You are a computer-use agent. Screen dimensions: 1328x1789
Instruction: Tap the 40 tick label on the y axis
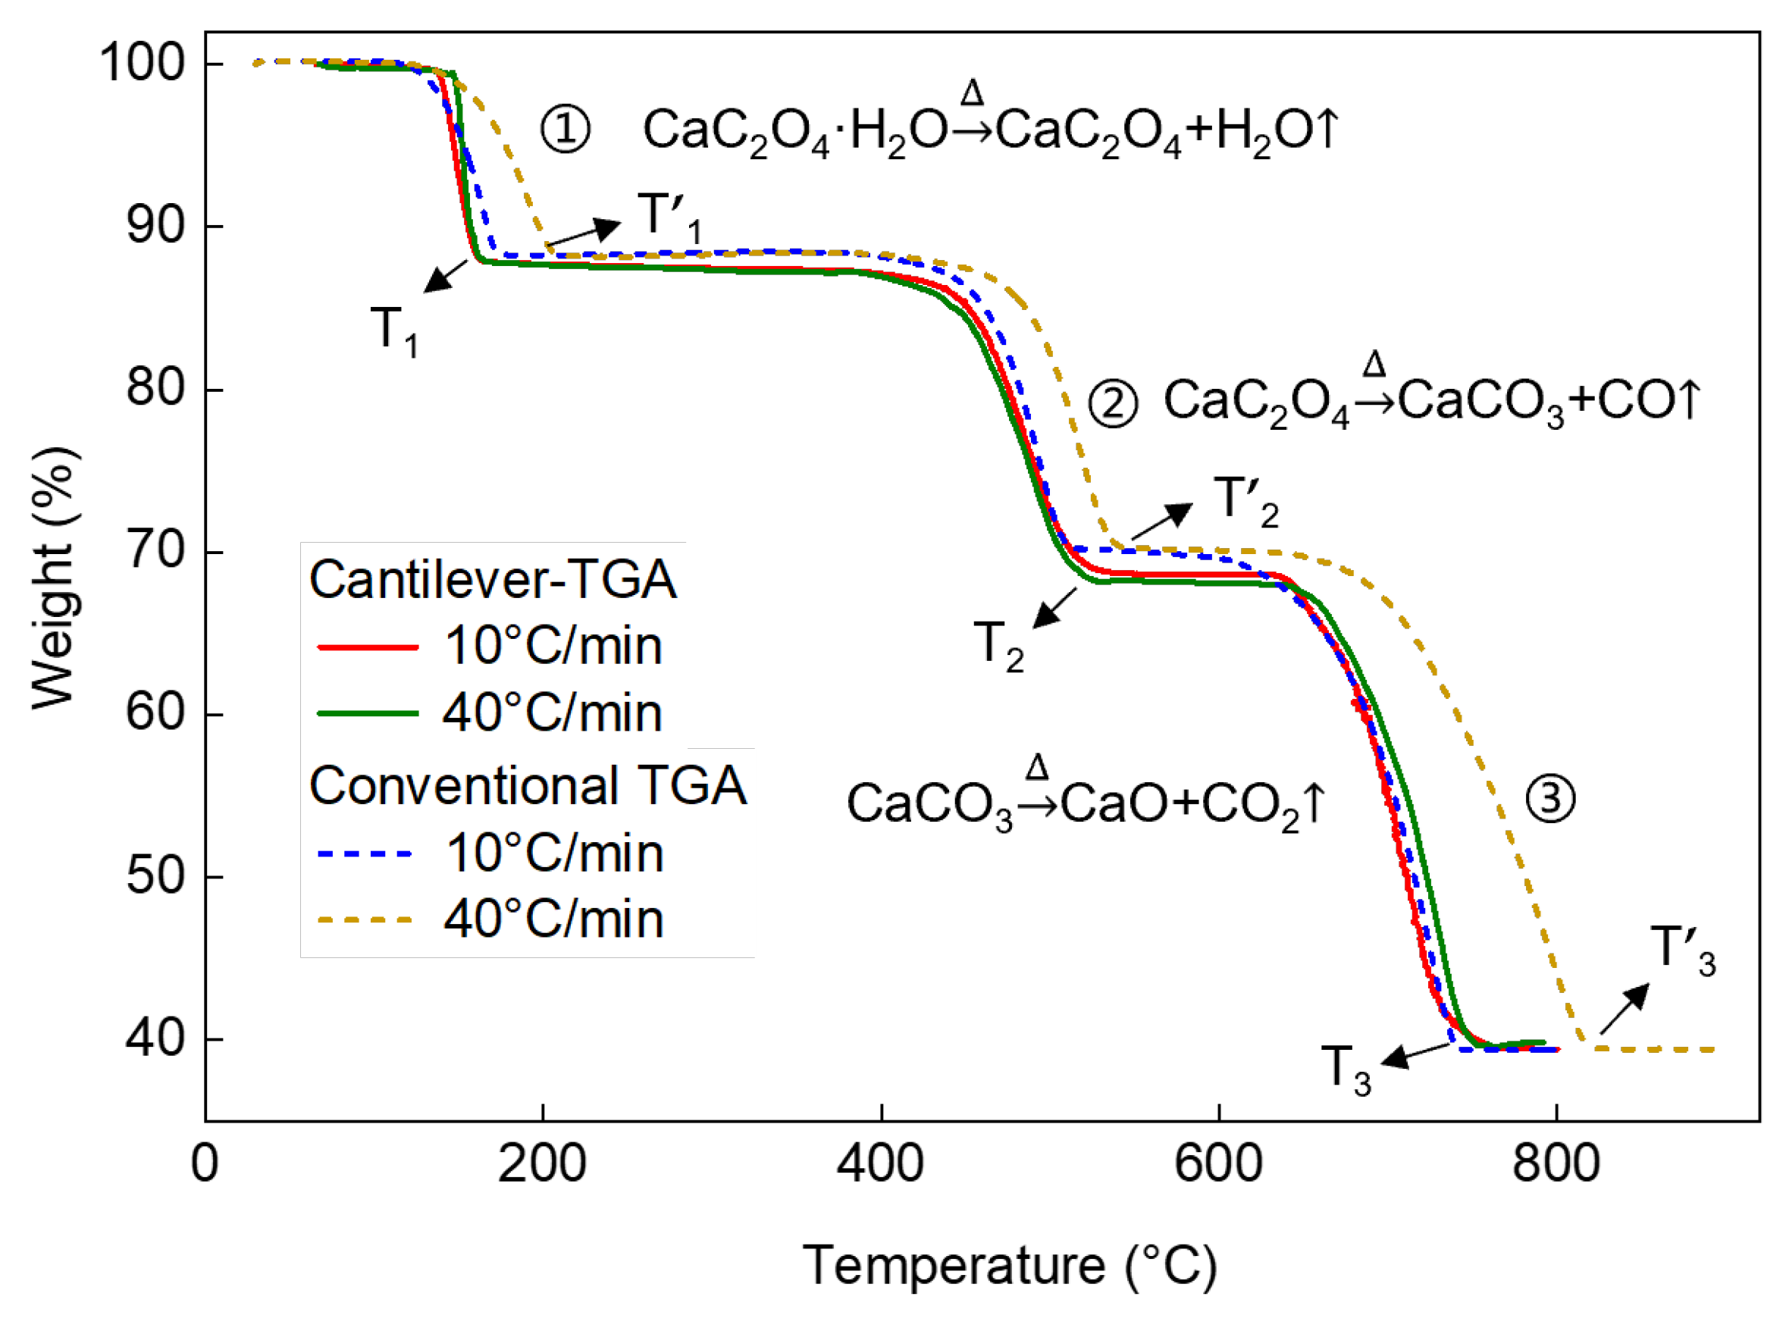[x=155, y=1038]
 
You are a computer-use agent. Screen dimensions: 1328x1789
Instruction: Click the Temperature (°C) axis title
[x=1009, y=1266]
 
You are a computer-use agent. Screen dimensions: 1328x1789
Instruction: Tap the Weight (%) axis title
[x=55, y=579]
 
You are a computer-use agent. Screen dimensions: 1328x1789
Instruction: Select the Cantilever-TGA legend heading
[x=492, y=580]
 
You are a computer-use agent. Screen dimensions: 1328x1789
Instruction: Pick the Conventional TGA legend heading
[x=528, y=785]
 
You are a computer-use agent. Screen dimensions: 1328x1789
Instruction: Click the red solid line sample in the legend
[x=368, y=647]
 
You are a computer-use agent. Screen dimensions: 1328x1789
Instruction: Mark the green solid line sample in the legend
[x=368, y=714]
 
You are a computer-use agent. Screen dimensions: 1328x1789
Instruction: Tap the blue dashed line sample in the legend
[x=365, y=853]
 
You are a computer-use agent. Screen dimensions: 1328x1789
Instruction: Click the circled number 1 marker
[x=565, y=130]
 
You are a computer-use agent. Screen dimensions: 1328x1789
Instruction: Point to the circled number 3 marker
[x=1549, y=799]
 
